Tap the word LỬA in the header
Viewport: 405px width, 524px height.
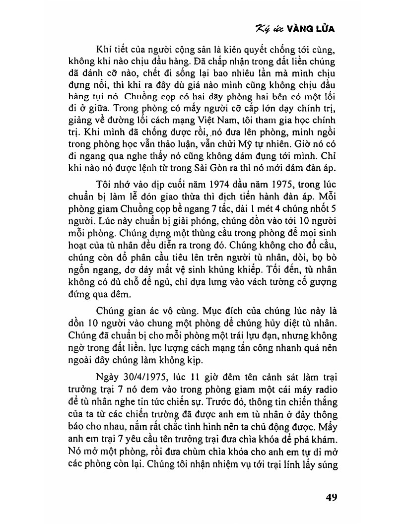pos(324,29)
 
